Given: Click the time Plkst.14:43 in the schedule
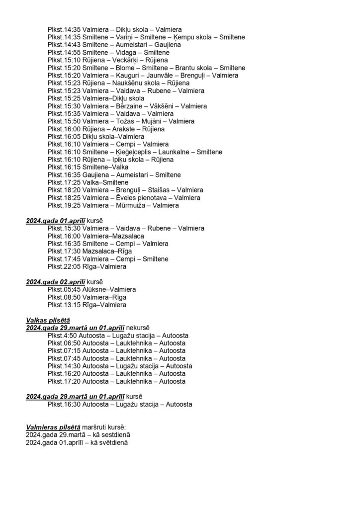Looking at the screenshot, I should (x=64, y=45).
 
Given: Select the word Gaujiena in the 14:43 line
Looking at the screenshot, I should (x=167, y=45).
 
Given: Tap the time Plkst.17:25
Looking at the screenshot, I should (x=64, y=182).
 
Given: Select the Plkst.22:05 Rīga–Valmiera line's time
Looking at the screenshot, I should (x=64, y=266).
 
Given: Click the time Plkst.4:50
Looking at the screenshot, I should (x=63, y=336).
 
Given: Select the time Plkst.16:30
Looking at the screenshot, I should (x=64, y=405).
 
